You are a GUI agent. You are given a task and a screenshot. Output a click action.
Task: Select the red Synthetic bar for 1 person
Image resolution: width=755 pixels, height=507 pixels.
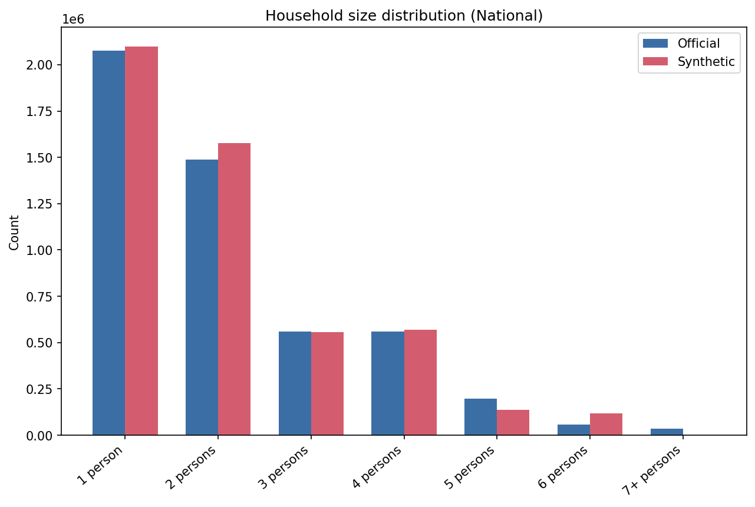click(141, 241)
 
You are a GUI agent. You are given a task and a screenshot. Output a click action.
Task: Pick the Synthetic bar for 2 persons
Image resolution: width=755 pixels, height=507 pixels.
click(235, 289)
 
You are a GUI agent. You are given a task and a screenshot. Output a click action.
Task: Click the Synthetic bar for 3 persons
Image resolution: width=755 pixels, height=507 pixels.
click(327, 383)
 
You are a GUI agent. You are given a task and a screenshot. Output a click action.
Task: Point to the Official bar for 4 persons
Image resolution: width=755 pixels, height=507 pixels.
click(388, 383)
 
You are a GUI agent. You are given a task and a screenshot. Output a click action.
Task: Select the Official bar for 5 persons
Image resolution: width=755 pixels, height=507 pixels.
click(480, 417)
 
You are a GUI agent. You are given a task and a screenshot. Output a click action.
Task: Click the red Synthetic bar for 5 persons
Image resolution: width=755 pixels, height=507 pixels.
click(513, 422)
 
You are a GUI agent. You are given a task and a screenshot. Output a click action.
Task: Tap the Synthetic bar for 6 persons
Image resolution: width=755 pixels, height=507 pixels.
click(606, 424)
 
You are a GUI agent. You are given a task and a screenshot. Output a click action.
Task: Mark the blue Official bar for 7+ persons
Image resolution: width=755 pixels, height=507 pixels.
click(667, 432)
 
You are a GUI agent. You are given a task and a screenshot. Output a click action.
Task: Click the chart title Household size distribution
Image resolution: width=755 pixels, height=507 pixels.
click(404, 16)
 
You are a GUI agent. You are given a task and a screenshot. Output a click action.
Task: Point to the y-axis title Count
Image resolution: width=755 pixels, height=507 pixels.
click(15, 232)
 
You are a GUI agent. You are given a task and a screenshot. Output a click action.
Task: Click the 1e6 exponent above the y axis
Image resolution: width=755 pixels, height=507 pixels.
click(74, 19)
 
